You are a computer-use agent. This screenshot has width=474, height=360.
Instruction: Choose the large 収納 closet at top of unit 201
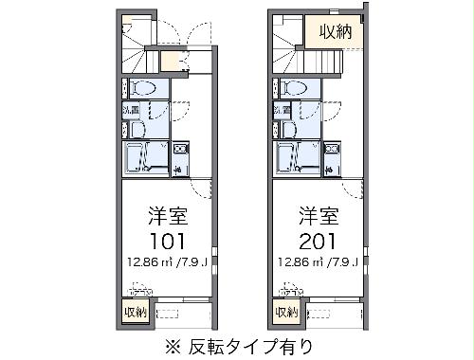pos(335,31)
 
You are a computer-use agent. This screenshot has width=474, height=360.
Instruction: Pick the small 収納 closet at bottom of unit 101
pos(134,312)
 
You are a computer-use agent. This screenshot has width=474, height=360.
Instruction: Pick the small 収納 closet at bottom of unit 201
pos(285,312)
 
